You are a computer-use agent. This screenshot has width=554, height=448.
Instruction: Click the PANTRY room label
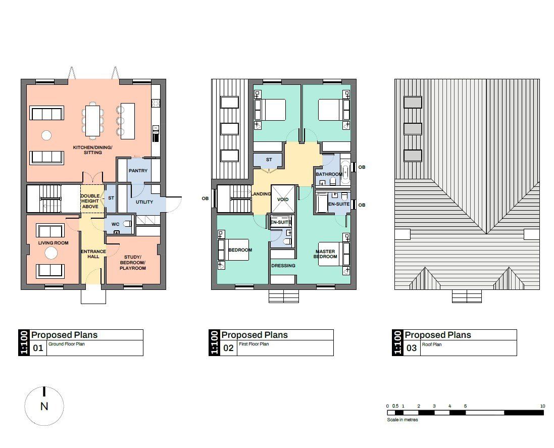point(138,171)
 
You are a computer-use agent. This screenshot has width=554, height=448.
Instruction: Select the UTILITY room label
point(144,202)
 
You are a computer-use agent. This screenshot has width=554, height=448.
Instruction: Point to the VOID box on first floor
point(283,200)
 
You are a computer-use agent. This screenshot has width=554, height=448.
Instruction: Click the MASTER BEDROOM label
point(326,254)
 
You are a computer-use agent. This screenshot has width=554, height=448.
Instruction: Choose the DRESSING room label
point(283,266)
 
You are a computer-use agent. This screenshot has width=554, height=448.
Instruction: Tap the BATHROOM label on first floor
point(329,174)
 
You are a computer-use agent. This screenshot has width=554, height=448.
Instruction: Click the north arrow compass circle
point(44,406)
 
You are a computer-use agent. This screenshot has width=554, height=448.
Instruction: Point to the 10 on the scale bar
point(542,406)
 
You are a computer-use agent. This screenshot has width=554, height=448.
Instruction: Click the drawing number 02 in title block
point(228,348)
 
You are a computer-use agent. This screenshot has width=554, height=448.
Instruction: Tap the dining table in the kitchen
point(92,120)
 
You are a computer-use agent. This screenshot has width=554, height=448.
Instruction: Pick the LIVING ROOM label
point(53,243)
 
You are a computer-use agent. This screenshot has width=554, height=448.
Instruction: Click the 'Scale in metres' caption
point(402,420)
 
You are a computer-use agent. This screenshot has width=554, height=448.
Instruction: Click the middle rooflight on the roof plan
point(413,129)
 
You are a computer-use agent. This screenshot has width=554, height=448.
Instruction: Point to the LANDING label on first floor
point(262,194)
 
